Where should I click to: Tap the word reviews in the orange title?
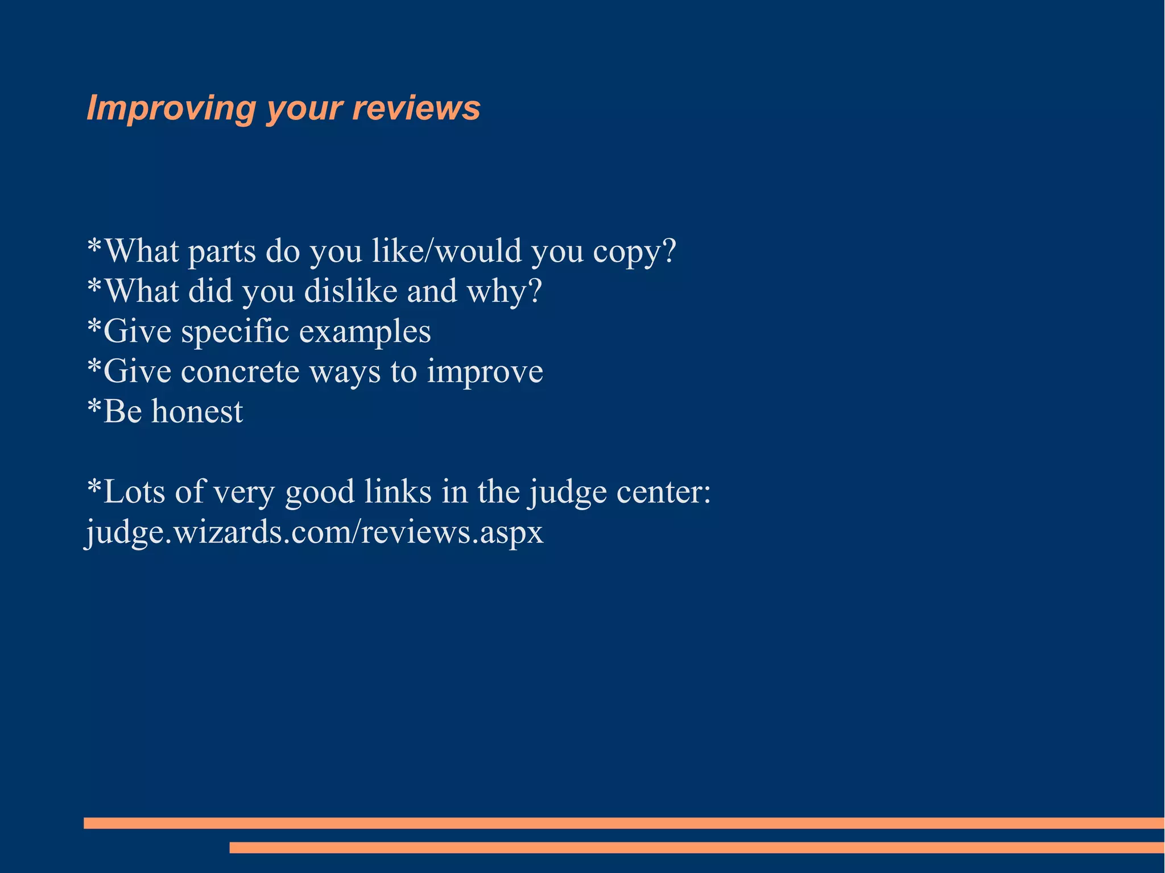coord(416,108)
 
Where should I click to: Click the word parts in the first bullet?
coord(222,251)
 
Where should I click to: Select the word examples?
coord(365,332)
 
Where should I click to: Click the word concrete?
coord(240,371)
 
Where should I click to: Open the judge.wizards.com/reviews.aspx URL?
coord(315,532)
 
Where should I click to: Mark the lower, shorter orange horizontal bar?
coord(697,847)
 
